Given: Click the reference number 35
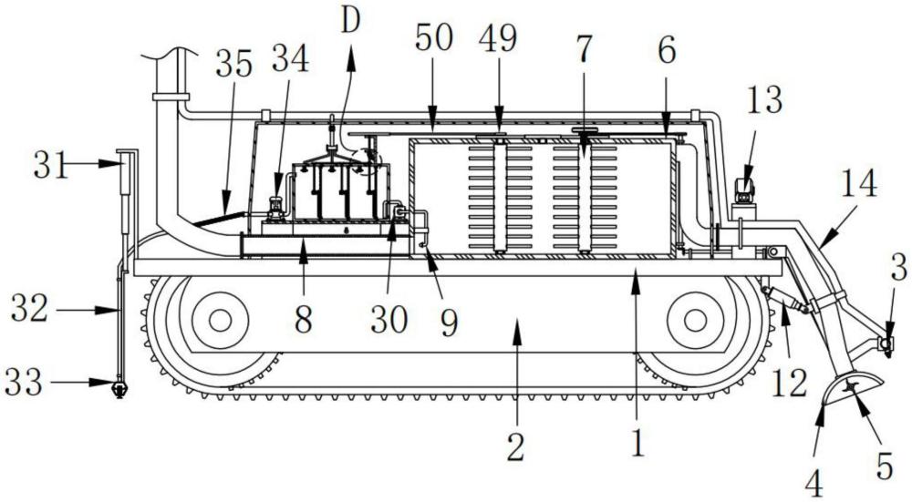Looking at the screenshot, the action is (x=234, y=64).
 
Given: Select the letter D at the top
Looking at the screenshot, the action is (x=351, y=22).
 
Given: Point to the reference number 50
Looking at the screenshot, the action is (x=434, y=39).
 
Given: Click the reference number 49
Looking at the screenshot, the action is (x=497, y=39).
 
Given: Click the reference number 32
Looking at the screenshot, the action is (x=30, y=309).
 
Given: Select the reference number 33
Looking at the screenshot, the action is (x=24, y=383).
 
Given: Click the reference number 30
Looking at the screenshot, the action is (x=389, y=319).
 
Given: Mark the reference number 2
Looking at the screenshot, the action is (x=516, y=447).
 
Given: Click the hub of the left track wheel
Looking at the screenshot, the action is (x=220, y=320).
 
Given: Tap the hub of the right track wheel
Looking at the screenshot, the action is (x=696, y=320).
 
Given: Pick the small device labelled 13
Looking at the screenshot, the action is (x=744, y=192).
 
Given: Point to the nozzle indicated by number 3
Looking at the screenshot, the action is (x=886, y=344).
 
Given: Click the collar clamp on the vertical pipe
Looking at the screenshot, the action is (x=171, y=97).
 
